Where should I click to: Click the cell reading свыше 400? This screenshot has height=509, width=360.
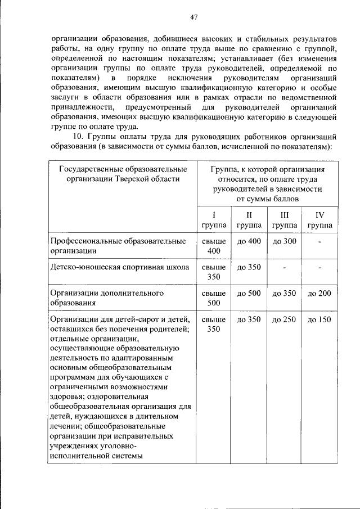[213, 246]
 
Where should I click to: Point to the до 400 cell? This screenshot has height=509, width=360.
[249, 241]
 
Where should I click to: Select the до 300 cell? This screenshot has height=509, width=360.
[284, 241]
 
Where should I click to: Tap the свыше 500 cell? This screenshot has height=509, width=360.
[213, 298]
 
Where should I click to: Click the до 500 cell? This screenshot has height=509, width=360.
[249, 294]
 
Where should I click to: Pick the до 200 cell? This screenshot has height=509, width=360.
[319, 294]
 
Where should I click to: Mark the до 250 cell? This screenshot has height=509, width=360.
[284, 319]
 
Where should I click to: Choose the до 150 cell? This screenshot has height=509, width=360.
[319, 319]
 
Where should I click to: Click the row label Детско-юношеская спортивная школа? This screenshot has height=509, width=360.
[119, 267]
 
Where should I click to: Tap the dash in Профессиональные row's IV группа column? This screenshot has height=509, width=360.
[319, 242]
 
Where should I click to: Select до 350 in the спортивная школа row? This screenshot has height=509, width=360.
[249, 267]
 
